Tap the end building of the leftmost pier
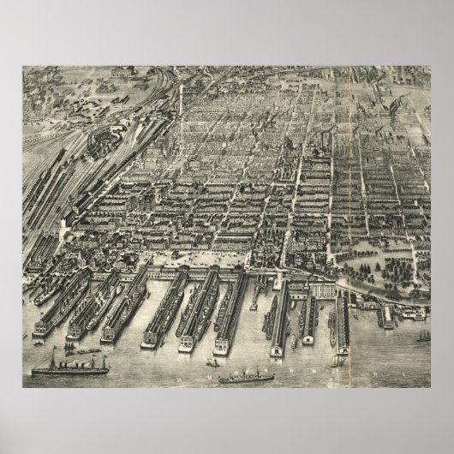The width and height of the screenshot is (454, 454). (43, 327)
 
